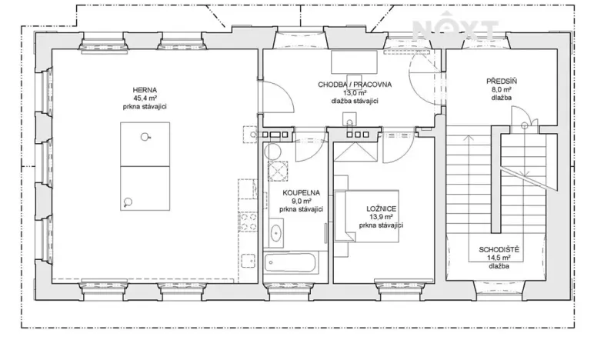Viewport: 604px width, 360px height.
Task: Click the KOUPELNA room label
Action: click(x=300, y=192)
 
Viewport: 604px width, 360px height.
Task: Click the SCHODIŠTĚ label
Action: click(x=498, y=250)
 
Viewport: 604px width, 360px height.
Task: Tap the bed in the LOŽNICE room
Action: click(x=371, y=215)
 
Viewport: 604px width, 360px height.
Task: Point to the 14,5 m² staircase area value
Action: click(x=498, y=258)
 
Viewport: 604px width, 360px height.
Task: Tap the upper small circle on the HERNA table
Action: click(x=143, y=138)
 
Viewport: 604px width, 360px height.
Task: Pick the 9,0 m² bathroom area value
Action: click(x=300, y=201)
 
